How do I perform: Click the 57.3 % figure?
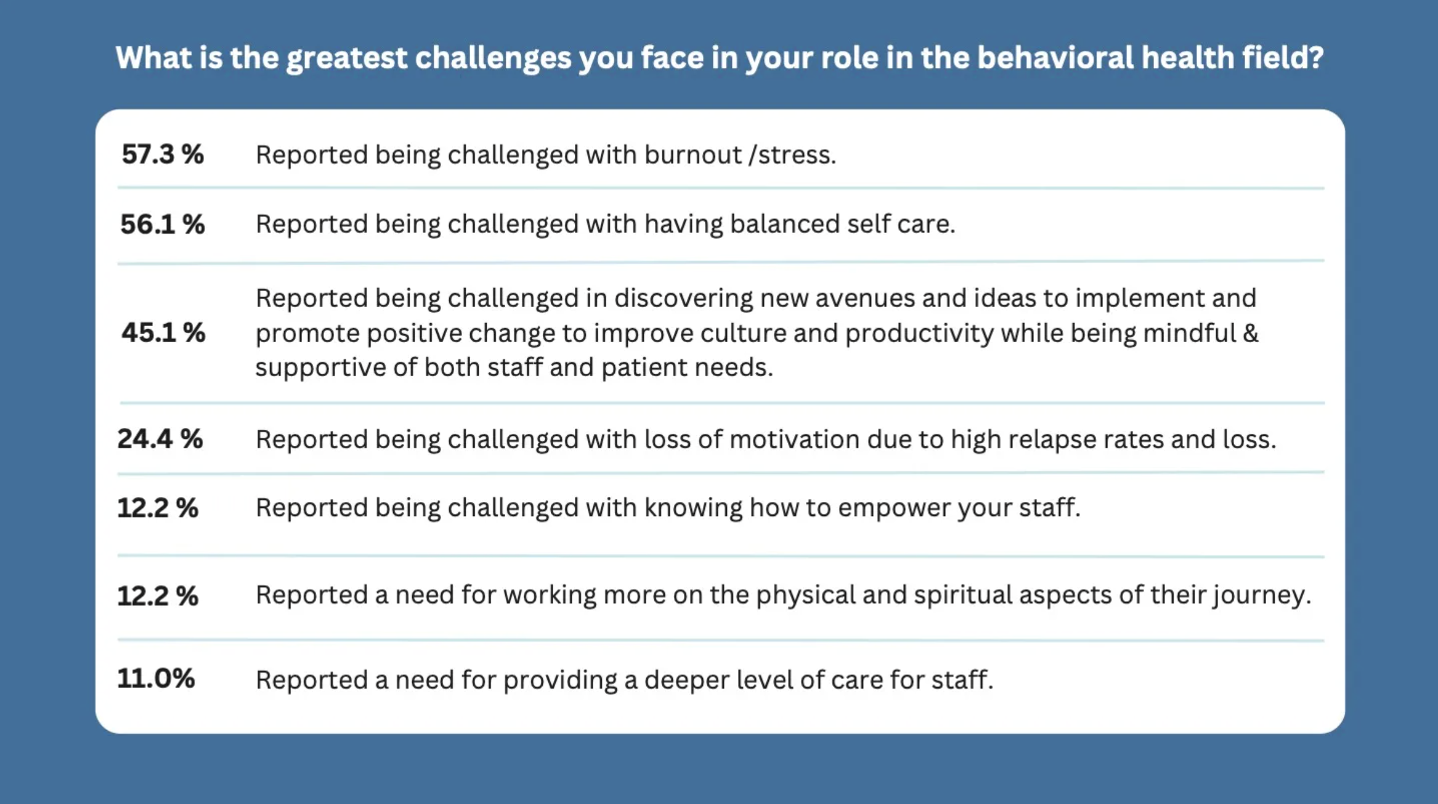163,154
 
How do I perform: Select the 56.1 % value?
163,224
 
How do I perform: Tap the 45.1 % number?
163,332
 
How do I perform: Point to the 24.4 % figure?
160,439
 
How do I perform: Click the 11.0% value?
156,678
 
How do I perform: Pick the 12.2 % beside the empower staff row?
158,508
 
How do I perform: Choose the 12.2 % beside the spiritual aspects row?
158,596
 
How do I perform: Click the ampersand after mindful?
1251,333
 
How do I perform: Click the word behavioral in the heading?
1055,57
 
